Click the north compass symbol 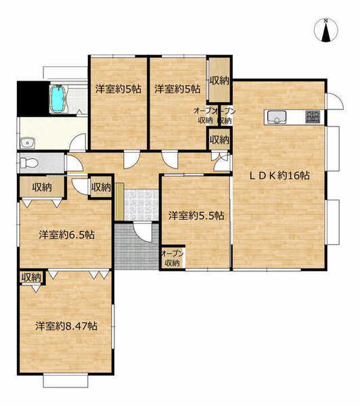326,30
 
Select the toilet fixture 28,163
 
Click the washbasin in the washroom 27,143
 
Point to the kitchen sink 277,117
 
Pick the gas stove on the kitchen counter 313,117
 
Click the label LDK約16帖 279,176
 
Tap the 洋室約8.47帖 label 66,326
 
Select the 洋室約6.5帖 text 66,235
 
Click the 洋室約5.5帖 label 196,215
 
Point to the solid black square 33,99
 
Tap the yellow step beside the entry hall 119,201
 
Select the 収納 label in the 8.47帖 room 31,277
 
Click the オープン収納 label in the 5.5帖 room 173,258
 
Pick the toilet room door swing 74,163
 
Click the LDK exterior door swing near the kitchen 335,101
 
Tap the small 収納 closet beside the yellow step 101,187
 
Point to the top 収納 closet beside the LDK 219,79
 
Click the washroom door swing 78,142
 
